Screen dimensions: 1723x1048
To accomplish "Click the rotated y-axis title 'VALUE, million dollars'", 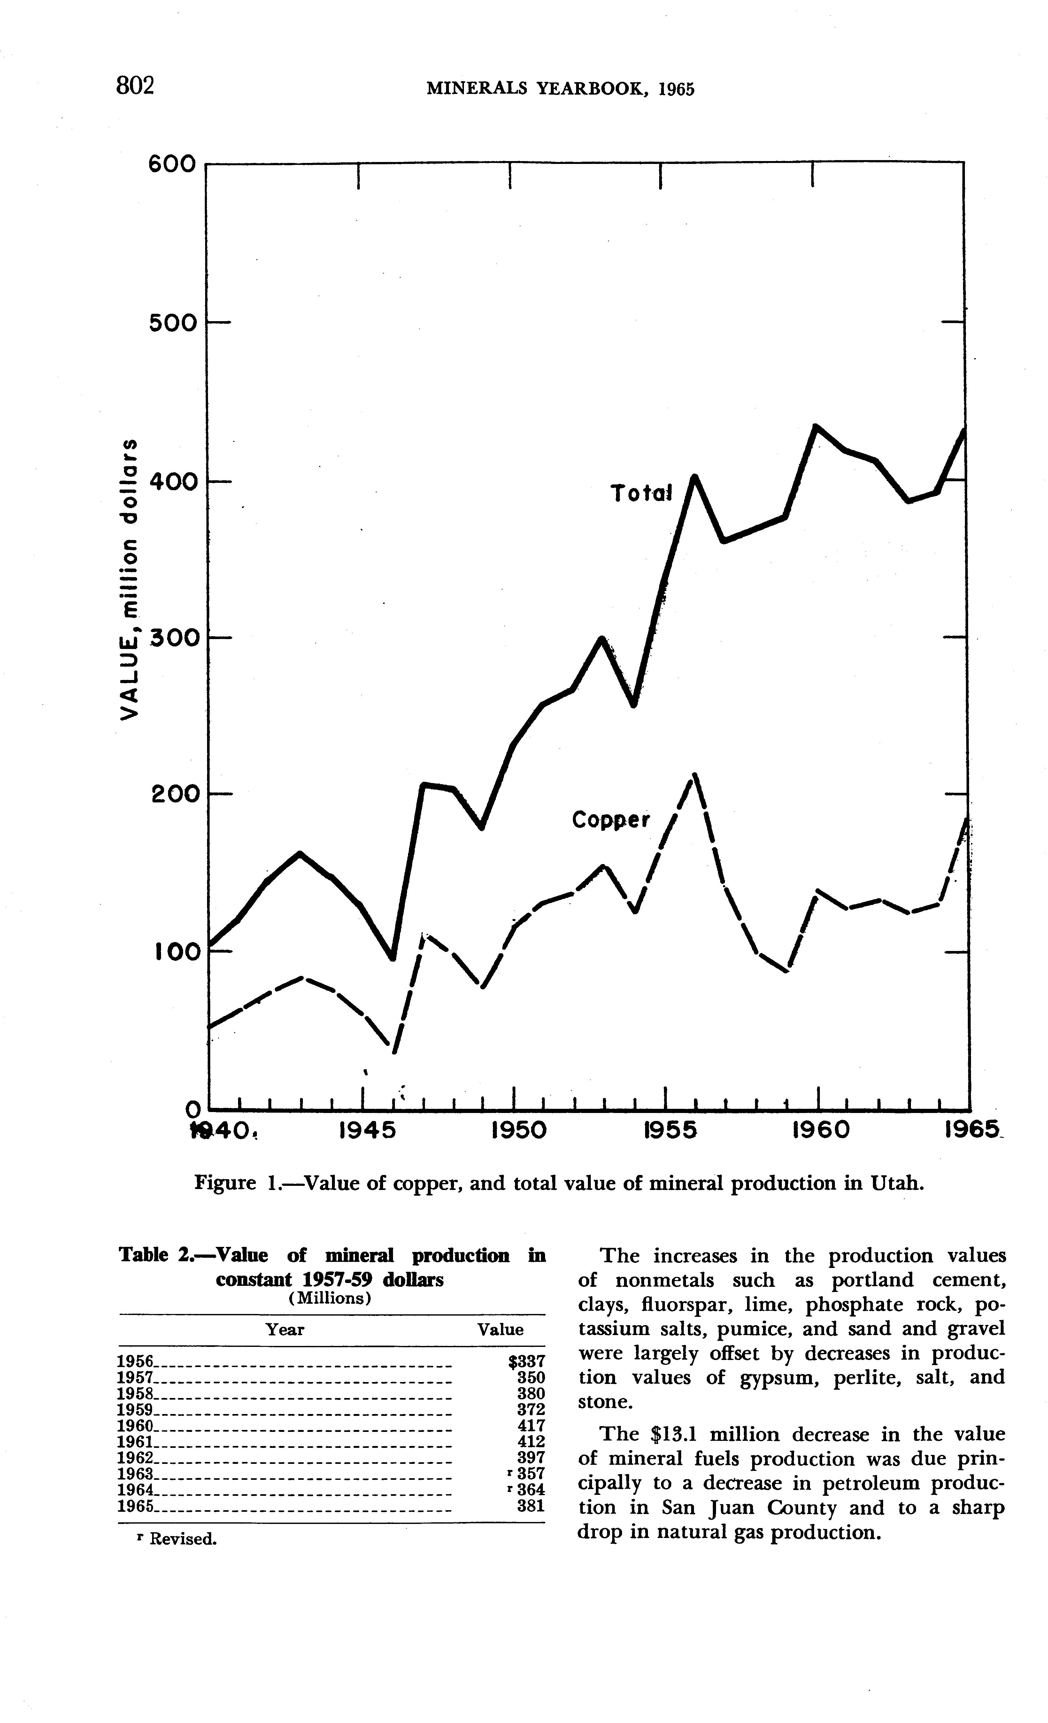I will coord(129,579).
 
